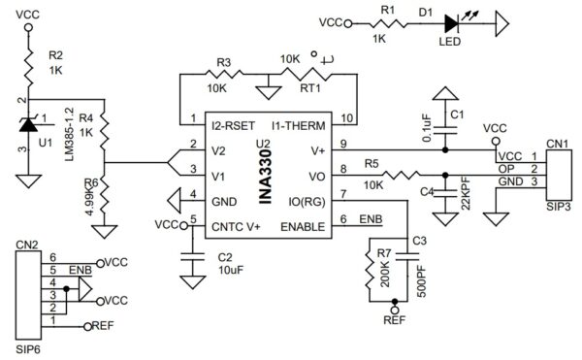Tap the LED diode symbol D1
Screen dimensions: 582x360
[x=452, y=24]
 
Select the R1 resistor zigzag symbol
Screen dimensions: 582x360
[x=387, y=24]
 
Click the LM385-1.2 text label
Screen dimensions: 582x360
[x=70, y=134]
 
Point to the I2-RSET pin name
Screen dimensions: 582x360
[x=233, y=126]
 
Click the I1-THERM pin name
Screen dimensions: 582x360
[x=299, y=126]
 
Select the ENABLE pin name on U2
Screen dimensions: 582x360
[x=303, y=226]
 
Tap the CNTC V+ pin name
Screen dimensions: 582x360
[x=236, y=226]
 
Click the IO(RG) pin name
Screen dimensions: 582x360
[x=307, y=202]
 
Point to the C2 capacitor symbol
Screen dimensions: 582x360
[x=192, y=257]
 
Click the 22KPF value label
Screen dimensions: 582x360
[x=466, y=194]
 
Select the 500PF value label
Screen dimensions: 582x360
[x=422, y=281]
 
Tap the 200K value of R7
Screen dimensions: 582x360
[x=385, y=274]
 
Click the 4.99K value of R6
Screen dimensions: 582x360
[x=90, y=201]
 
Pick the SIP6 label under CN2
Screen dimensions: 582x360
[x=28, y=349]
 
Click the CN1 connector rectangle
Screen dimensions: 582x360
[x=559, y=175]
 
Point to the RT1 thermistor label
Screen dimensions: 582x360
[x=310, y=88]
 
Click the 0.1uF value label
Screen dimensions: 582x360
[x=427, y=128]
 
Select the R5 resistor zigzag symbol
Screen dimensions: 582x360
[x=402, y=176]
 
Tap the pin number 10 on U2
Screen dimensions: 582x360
[x=347, y=118]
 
